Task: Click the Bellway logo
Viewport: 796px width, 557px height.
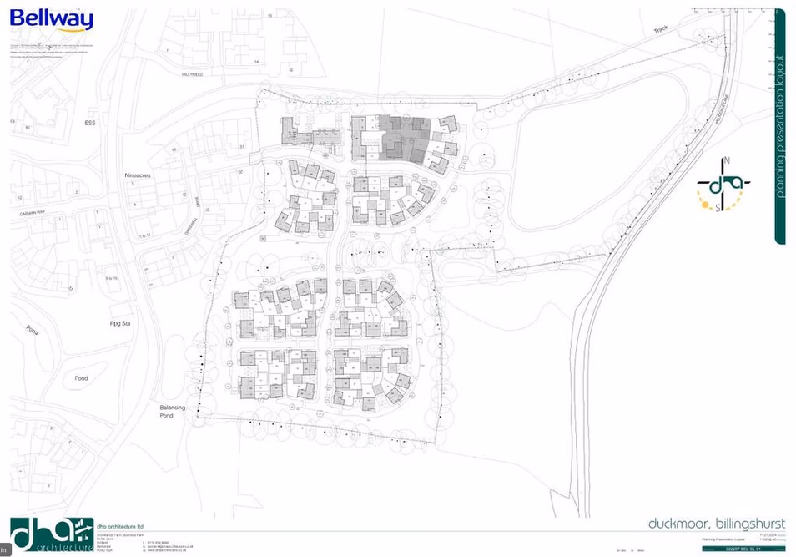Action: pyautogui.click(x=51, y=19)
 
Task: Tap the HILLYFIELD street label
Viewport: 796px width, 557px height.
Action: pyautogui.click(x=193, y=74)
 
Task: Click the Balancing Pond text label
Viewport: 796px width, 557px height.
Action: pyautogui.click(x=173, y=410)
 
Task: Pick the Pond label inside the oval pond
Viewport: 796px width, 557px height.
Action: pyautogui.click(x=81, y=378)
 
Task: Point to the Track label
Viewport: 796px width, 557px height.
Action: pyautogui.click(x=661, y=30)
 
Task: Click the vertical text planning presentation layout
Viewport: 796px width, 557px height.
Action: pyautogui.click(x=780, y=125)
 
